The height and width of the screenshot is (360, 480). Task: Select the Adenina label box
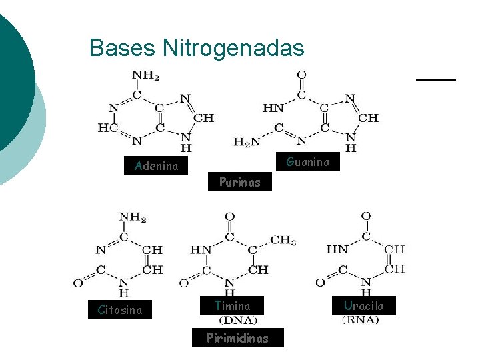click(156, 166)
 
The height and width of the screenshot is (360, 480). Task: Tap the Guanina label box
click(307, 162)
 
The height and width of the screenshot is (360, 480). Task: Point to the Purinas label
click(239, 183)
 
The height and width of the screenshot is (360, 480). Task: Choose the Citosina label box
click(120, 310)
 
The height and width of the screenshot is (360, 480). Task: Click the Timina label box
click(232, 306)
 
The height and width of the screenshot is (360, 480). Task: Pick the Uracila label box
click(363, 305)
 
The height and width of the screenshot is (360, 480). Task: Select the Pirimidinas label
click(237, 338)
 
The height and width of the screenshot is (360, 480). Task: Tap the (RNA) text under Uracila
click(361, 320)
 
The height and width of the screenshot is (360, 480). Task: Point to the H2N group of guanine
click(247, 141)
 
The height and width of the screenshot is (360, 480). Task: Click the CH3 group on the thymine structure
click(284, 240)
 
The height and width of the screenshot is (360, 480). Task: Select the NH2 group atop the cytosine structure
click(133, 217)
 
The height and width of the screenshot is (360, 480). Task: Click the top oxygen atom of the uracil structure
click(365, 217)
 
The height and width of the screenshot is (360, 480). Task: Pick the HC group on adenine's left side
click(108, 127)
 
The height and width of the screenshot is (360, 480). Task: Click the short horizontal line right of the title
click(436, 79)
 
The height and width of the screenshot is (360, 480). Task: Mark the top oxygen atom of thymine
click(230, 217)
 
